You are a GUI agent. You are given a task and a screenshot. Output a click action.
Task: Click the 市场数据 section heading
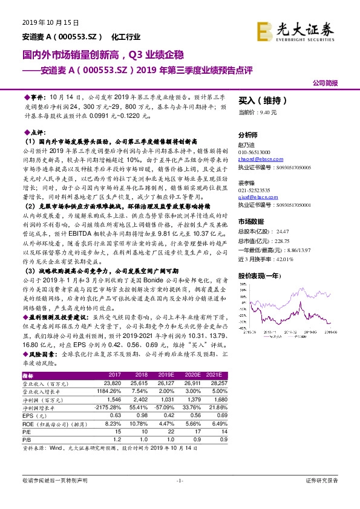(250, 221)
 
